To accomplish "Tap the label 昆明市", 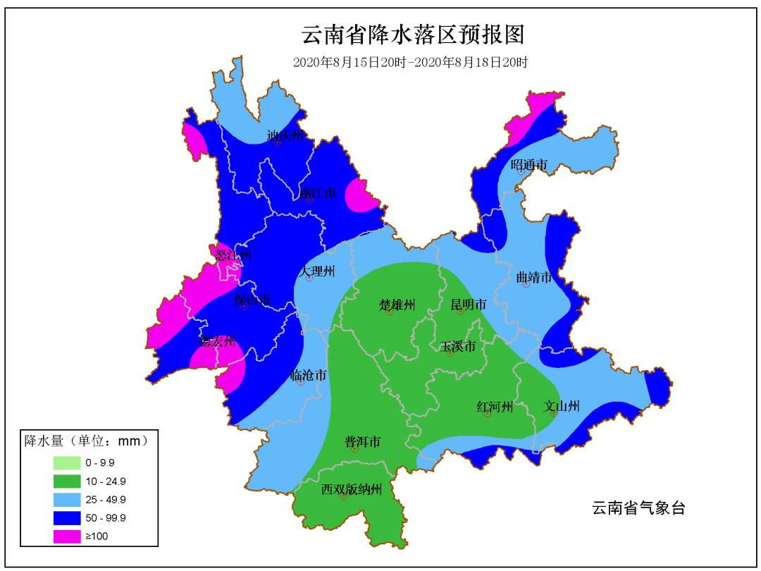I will click(x=469, y=305).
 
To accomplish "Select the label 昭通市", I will click(x=529, y=165).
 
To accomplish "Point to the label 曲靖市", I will click(x=533, y=278).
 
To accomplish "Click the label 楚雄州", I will click(x=397, y=305).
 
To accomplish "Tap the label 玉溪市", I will click(x=458, y=347).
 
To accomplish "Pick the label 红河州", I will click(x=495, y=407).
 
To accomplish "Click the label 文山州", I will click(x=562, y=406).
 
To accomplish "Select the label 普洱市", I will click(x=362, y=442).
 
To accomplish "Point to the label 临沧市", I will click(x=308, y=376).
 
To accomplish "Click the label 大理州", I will click(x=316, y=271).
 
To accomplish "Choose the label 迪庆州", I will click(x=285, y=135).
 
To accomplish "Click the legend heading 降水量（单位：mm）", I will click(x=87, y=442).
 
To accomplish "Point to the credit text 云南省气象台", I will click(x=638, y=508).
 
